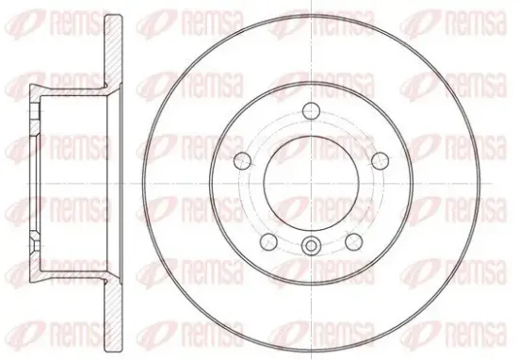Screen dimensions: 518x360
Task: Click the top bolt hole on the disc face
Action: point(311,110)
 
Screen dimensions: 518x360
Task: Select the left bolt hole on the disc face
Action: point(242,160)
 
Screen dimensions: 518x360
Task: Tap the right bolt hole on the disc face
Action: point(380,160)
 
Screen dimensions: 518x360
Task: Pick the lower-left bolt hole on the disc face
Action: point(268,241)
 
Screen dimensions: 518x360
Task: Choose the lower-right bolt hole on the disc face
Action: point(353,241)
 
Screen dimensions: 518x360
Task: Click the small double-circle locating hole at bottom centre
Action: point(311,246)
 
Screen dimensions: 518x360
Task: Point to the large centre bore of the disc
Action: point(311,183)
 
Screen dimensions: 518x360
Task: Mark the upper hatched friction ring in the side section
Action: point(113,53)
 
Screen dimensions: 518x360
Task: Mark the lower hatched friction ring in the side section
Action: point(113,316)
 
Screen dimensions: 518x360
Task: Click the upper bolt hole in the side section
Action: point(35,111)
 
